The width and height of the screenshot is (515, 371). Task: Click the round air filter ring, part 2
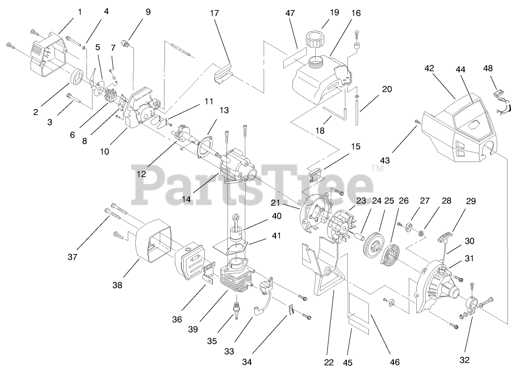[x=77, y=77]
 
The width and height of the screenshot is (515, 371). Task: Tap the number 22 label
[x=329, y=362]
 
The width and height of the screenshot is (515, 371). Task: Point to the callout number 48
[x=488, y=68]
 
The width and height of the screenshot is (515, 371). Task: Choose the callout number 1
[x=79, y=12]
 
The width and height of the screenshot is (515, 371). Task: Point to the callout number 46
[x=395, y=362]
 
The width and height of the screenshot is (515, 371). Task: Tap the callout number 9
[x=148, y=12]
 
